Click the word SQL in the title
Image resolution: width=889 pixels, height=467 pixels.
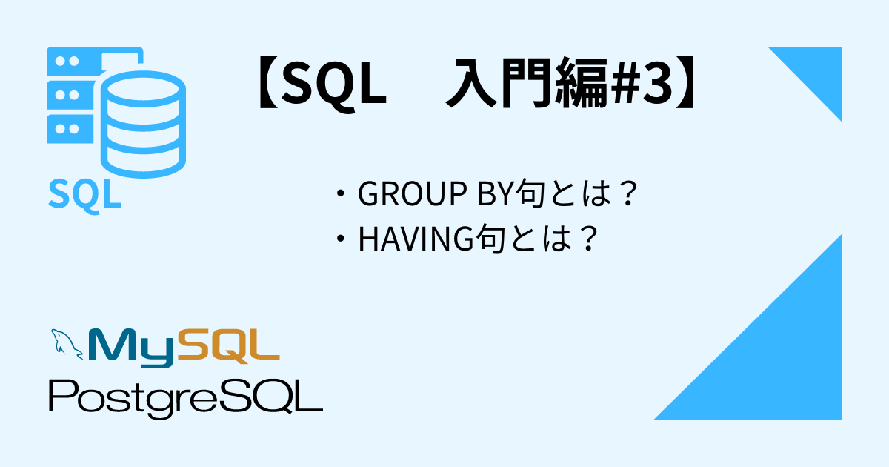(334, 85)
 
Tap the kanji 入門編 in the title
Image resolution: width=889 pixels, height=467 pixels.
(527, 83)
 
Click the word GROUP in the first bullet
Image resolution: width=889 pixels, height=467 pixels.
(412, 193)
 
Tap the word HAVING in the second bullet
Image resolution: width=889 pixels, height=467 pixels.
(416, 239)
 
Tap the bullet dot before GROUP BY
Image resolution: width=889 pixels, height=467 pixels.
(340, 193)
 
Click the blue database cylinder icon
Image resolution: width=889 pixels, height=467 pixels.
(143, 124)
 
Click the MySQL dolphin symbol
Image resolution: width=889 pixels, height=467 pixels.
(67, 344)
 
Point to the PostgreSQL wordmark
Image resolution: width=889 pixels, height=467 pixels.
(186, 399)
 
